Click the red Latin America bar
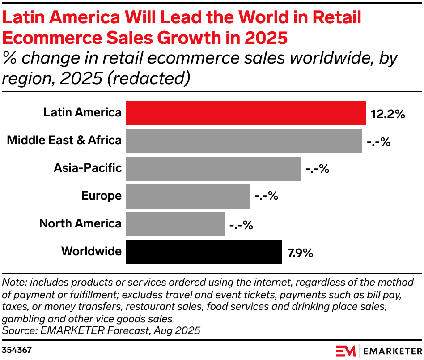pos(246,113)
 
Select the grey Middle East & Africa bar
pos(244,141)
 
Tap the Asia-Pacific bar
pos(213,169)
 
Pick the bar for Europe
pos(188,197)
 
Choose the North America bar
pos(175,224)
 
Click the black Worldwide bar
pos(204,252)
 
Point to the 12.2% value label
pos(387,114)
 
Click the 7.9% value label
pos(300,253)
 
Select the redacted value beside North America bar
pos(241,225)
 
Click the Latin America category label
pos(82,113)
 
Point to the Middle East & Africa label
pos(64,141)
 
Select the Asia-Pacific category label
pos(88,168)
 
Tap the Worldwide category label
pos(91,251)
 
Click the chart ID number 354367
pos(17,350)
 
